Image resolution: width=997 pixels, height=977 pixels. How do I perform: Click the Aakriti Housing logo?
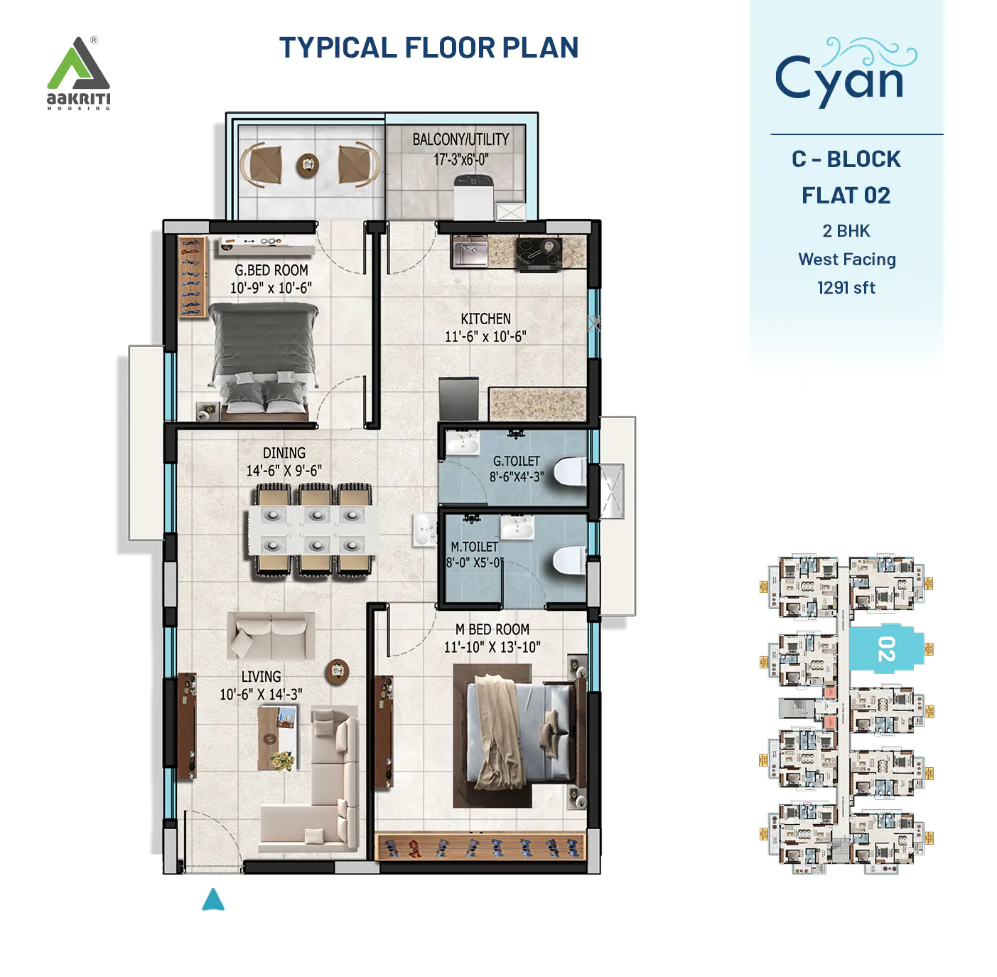point(78,73)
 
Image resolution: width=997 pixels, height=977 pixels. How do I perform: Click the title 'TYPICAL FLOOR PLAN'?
point(429,48)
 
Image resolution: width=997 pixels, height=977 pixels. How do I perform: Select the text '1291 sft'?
point(846,287)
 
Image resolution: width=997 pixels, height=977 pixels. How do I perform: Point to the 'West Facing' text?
point(846,260)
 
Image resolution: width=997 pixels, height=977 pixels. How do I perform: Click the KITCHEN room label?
point(485,319)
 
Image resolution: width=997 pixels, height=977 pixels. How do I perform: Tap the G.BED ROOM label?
point(271,270)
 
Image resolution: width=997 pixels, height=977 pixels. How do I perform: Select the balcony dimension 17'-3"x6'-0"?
point(461,159)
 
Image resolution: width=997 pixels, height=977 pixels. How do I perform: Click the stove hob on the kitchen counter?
point(539,253)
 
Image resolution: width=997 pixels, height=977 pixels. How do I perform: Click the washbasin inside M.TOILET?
point(517,528)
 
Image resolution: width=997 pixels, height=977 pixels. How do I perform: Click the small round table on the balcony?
point(308,164)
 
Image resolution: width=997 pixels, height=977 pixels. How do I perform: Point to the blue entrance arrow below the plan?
point(212,900)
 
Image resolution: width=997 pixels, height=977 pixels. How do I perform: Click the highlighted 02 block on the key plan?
point(885,648)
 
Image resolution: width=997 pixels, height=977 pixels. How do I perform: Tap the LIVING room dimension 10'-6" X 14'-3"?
point(261,694)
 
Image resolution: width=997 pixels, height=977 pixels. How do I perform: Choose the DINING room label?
point(284,453)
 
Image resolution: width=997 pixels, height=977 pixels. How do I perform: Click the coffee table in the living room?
point(278,738)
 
